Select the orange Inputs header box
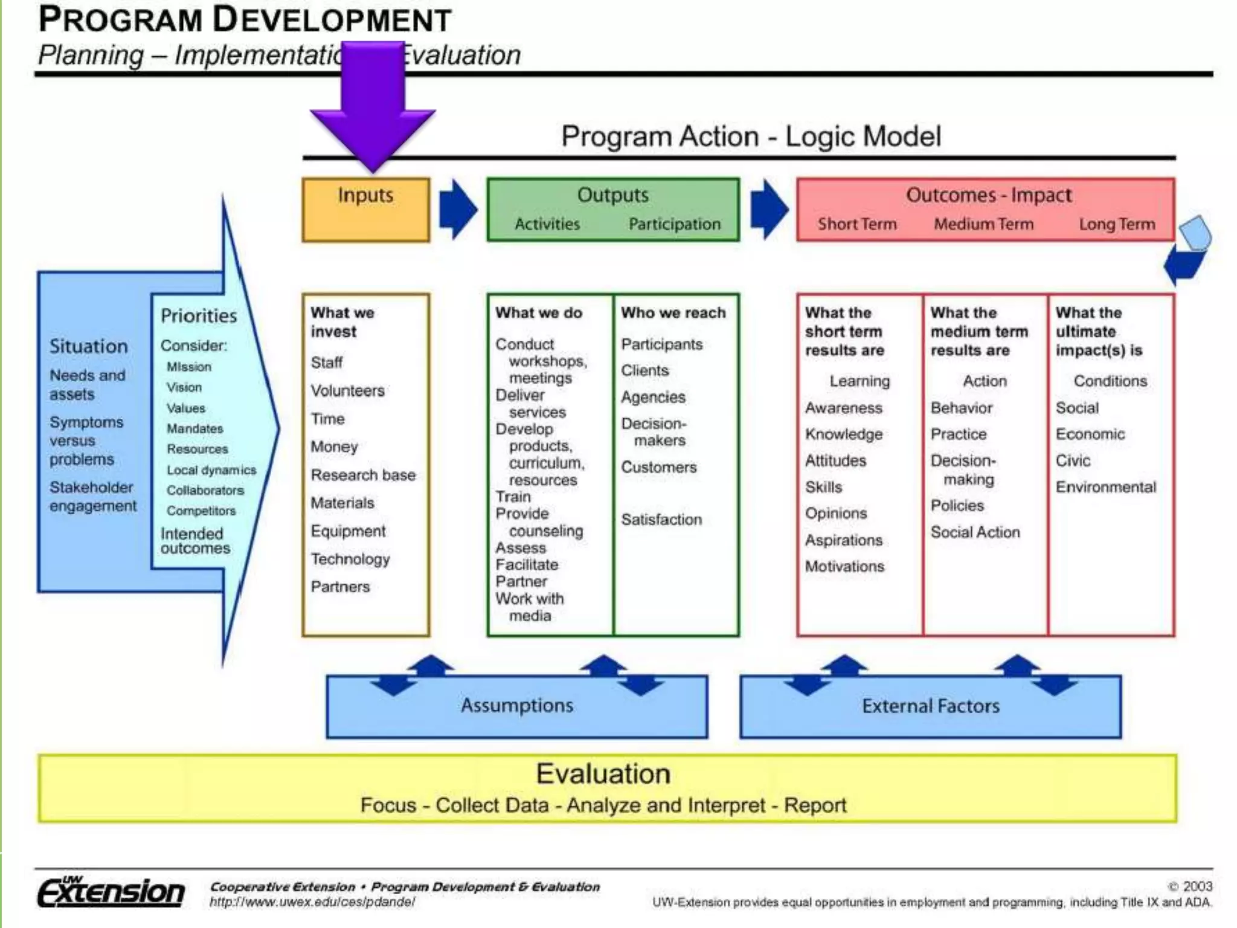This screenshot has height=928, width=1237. click(x=365, y=209)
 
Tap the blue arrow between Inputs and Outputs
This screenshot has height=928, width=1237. click(x=458, y=209)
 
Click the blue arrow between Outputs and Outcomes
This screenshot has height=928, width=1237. click(x=768, y=209)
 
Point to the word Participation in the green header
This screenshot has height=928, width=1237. click(x=674, y=224)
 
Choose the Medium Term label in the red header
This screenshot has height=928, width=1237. click(x=983, y=224)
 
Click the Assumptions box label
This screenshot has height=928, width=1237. click(x=517, y=705)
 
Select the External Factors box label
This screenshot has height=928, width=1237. click(x=930, y=706)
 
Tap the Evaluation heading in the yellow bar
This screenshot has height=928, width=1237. click(x=603, y=774)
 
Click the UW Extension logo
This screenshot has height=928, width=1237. click(x=111, y=892)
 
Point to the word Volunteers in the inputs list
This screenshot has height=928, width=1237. click(x=347, y=391)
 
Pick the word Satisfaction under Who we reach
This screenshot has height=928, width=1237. click(x=661, y=520)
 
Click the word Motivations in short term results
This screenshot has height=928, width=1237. click(x=844, y=567)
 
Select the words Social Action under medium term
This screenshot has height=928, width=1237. click(x=975, y=532)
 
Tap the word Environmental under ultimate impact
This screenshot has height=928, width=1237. click(x=1105, y=487)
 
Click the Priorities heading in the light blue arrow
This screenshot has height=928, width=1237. click(x=199, y=315)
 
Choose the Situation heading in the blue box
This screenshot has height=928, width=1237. click(x=89, y=346)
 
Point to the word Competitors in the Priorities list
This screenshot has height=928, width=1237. click(x=201, y=511)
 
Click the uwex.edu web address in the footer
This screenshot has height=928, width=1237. click(x=312, y=902)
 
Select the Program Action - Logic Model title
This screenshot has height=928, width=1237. click(x=751, y=137)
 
